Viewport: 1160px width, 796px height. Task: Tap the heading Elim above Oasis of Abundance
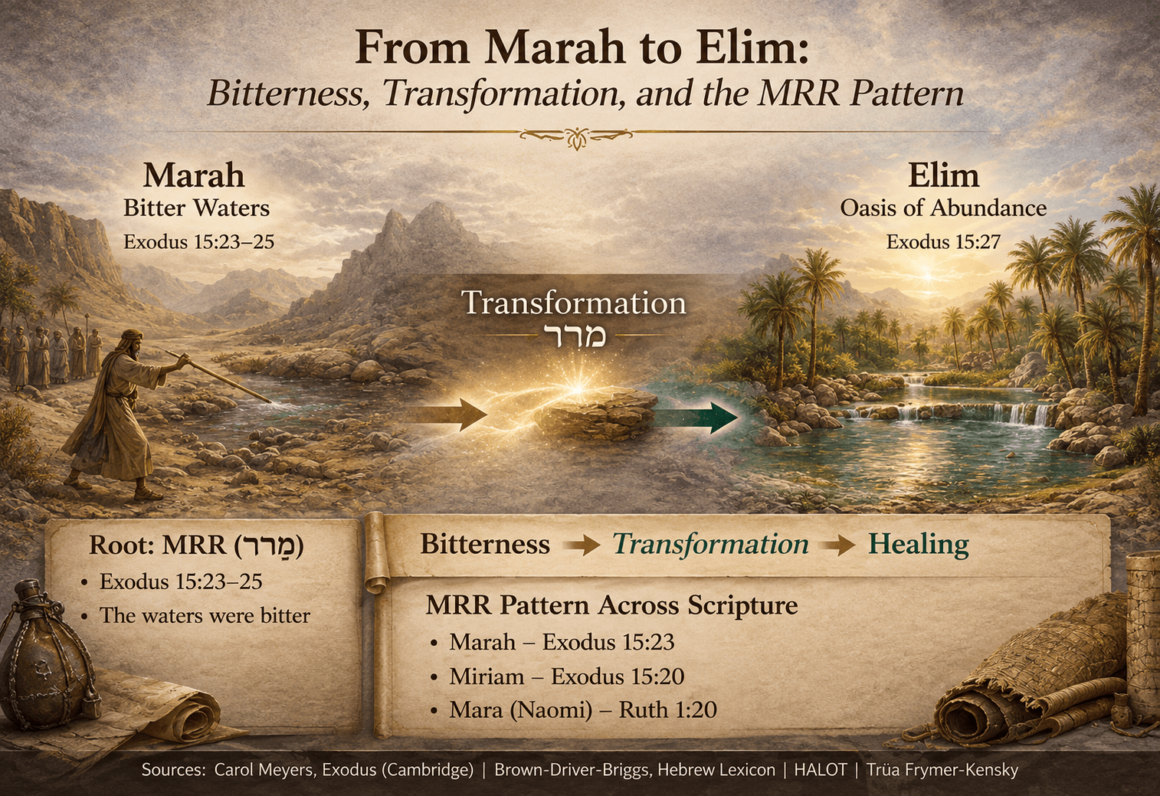coord(943,175)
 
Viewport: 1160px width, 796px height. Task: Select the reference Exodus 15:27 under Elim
coord(943,242)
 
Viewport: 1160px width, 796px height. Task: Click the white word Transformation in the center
coord(573,303)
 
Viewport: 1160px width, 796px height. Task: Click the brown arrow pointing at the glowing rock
coord(451,415)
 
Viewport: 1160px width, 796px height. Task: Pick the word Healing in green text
coord(918,544)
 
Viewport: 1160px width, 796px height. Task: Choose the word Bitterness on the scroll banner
coord(485,544)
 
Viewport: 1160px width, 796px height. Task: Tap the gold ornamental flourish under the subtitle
coord(576,136)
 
